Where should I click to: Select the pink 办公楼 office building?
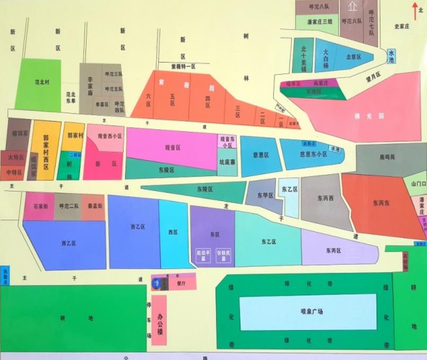click(159, 320)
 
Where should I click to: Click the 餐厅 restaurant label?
click(181, 283)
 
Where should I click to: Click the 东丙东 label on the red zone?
click(381, 202)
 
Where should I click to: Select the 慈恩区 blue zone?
click(261, 155)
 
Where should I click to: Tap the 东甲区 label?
click(265, 195)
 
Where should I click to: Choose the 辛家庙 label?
click(90, 85)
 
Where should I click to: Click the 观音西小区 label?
click(110, 136)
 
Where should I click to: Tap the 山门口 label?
click(418, 183)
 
